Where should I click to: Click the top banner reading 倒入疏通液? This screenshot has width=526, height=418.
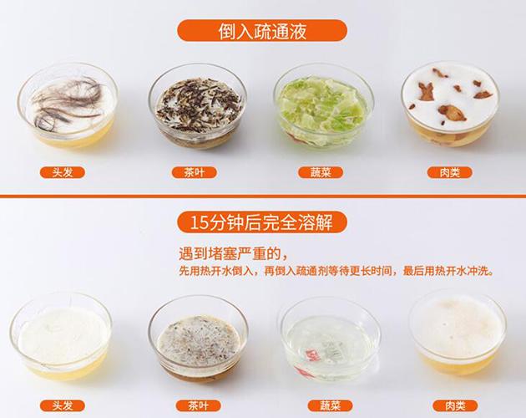coord(262,31)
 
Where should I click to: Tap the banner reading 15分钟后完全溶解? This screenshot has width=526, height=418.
coord(262,222)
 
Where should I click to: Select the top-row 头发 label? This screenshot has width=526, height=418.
coord(63,172)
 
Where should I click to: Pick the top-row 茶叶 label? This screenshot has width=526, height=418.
coord(195,172)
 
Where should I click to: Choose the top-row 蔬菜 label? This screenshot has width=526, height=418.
coord(321,172)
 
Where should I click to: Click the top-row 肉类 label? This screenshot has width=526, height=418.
coord(449,172)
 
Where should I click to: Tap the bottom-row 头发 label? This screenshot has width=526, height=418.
coord(63,406)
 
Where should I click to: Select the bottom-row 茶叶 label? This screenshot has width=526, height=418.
coord(198,406)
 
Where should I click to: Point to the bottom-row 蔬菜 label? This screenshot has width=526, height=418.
coord(330,406)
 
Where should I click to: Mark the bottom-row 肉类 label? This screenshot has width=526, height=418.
coord(455,406)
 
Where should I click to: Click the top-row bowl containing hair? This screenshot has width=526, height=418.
coord(68,105)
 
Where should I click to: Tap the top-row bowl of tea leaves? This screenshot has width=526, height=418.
coord(198,104)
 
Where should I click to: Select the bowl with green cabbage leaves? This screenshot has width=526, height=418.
coord(323,105)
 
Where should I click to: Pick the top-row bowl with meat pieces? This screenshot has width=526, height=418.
coord(450,104)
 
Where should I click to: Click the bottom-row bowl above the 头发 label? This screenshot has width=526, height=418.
coord(61,337)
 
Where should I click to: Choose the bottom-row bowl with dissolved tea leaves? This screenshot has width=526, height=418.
coord(198,339)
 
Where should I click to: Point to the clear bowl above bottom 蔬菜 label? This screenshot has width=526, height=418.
coord(331,339)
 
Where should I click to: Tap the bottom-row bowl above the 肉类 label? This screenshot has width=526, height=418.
coord(458,334)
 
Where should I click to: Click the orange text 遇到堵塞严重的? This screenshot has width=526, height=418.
coord(233,254)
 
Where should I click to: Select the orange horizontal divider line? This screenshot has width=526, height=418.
coord(263,196)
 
